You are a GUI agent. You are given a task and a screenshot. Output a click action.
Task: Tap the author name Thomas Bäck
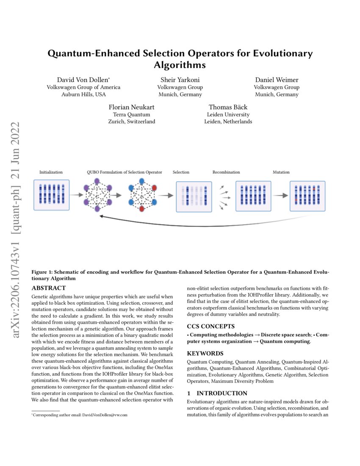(228, 107)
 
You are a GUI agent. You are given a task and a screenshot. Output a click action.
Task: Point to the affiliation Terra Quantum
(132, 114)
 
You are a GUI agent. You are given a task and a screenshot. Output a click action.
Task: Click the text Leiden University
(228, 114)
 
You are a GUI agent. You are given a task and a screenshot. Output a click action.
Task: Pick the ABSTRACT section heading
(49, 288)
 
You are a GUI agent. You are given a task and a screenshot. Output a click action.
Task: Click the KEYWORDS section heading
(206, 353)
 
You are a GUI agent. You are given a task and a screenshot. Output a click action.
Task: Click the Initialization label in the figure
(51, 172)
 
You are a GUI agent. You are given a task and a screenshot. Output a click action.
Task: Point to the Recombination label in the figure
(226, 172)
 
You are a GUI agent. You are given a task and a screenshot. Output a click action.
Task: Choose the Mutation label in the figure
(281, 172)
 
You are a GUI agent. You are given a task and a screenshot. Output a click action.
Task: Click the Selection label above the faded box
(181, 172)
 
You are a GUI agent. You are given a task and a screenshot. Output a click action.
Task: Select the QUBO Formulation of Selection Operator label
(125, 172)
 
